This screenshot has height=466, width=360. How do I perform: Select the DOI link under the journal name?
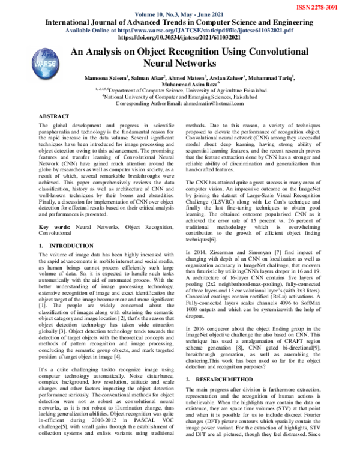[x=179, y=37]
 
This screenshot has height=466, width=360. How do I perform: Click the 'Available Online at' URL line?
[x=179, y=29]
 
